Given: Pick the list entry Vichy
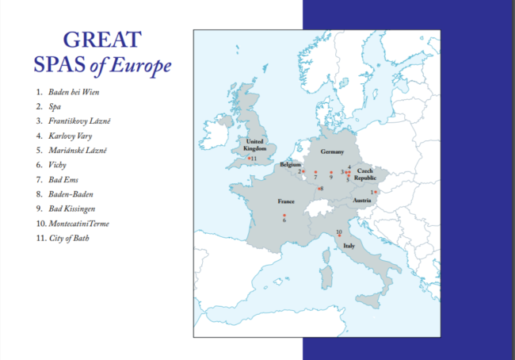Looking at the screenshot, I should pyautogui.click(x=58, y=165).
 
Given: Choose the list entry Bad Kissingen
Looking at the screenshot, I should pyautogui.click(x=72, y=209).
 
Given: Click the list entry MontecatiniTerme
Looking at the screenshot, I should pyautogui.click(x=78, y=224).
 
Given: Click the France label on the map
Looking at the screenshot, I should pyautogui.click(x=286, y=201).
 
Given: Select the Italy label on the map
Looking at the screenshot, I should pyautogui.click(x=349, y=247).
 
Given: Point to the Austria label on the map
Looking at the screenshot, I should pyautogui.click(x=361, y=200).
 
